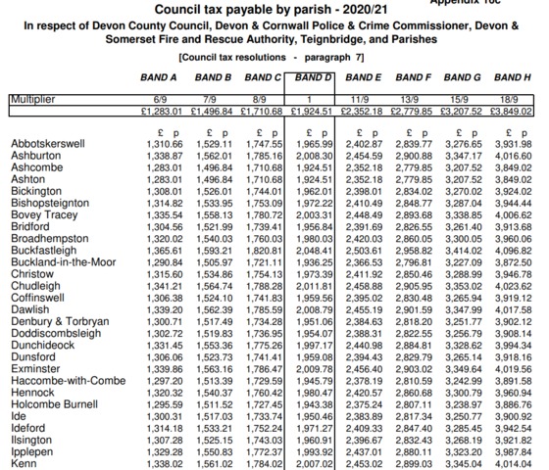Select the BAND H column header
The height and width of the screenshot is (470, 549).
coord(512,76)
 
